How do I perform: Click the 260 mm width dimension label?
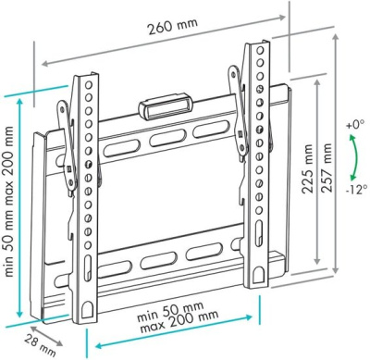[x=173, y=26]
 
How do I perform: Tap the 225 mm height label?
[x=307, y=168]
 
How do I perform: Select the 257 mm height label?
[x=327, y=168]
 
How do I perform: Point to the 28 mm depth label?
[x=40, y=345]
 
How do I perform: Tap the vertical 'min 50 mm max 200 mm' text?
[x=9, y=202]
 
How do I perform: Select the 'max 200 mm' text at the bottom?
[x=179, y=322]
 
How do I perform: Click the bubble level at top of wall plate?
[x=166, y=106]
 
